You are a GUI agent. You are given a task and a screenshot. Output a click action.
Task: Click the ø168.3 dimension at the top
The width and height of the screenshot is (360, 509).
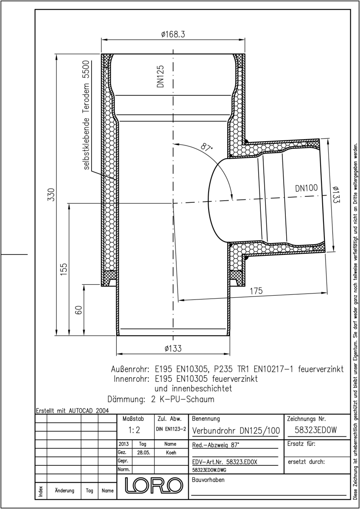point(173,34)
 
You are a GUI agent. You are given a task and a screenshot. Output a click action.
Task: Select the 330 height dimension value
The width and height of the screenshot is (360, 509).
point(51,195)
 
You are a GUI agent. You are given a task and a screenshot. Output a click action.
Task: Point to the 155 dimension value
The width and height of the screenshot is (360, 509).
point(64,269)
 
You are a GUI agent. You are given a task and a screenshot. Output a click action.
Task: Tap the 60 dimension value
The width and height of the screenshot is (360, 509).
point(78,310)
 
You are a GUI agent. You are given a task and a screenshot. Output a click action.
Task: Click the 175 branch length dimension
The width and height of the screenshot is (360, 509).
point(256,291)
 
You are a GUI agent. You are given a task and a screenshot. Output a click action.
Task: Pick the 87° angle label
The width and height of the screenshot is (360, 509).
point(207,148)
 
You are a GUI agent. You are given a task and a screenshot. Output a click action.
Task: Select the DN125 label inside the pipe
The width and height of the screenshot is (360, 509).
point(160,76)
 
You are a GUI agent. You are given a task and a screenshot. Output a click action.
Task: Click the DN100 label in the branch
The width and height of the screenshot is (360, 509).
point(306,188)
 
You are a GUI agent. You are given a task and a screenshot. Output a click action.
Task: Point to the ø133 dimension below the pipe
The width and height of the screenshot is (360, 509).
point(173,348)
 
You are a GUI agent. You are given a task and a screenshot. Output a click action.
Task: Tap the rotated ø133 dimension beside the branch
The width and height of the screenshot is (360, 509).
point(336,195)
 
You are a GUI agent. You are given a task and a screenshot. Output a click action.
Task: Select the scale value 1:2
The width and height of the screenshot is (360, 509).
point(134,430)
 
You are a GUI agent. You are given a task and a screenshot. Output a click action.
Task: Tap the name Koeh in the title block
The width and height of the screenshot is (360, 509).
point(171,453)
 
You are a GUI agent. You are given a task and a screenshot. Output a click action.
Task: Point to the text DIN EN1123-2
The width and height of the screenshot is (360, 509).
point(171,429)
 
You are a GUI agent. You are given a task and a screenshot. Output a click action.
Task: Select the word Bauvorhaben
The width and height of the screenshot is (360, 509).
point(208,480)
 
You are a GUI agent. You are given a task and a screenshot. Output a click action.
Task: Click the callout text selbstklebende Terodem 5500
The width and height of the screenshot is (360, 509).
point(87,115)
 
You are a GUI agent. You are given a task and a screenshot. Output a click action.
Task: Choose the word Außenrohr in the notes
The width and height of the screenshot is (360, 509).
point(130,369)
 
